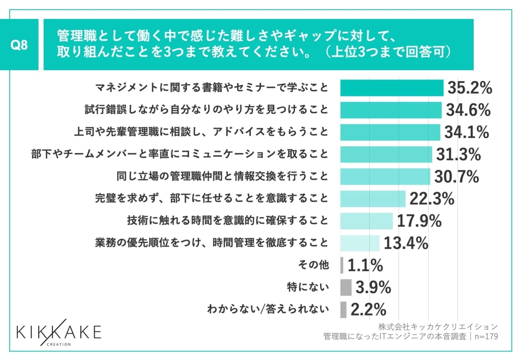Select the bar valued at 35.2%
tap(392, 88)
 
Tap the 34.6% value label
tap(468, 110)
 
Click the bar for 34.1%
tap(390, 132)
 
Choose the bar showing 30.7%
tap(385, 176)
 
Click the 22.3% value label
tap(432, 198)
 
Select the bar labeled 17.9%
tap(366, 220)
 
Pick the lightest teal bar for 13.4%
tap(360, 243)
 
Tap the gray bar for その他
tap(342, 265)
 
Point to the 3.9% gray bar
tap(346, 287)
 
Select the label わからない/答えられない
tap(268, 309)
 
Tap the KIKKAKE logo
tap(59, 333)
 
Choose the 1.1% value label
tap(365, 265)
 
